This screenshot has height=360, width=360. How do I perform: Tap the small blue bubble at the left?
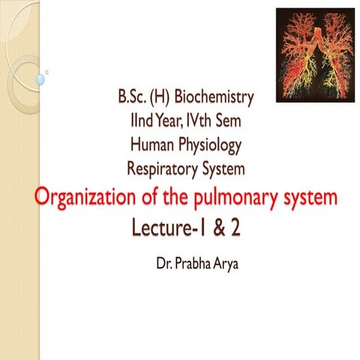[42, 76]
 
